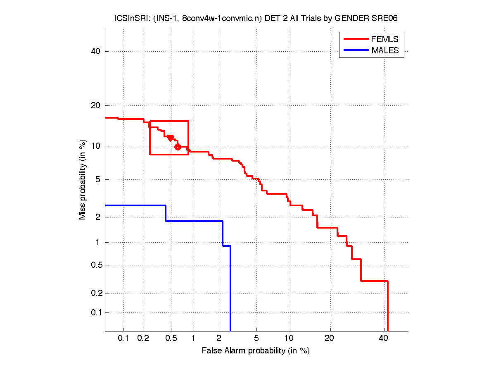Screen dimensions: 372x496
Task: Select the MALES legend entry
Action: coord(385,50)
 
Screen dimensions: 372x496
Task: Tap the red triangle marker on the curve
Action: coord(170,138)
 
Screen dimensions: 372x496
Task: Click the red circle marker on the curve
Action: coord(178,147)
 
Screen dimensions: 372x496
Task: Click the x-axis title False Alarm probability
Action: coord(256,351)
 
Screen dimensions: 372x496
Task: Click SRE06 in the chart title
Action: coord(385,19)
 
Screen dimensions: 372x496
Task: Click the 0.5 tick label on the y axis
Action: coord(96,265)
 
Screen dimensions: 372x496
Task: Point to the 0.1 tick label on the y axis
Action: coord(96,312)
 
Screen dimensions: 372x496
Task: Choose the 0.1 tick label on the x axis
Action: coord(124,338)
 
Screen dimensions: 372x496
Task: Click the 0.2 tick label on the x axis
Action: coord(143,338)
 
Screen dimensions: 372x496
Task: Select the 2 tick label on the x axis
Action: coord(219,338)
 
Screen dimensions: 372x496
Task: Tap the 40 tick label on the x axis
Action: coord(384,338)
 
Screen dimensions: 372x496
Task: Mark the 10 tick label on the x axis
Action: coord(290,338)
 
